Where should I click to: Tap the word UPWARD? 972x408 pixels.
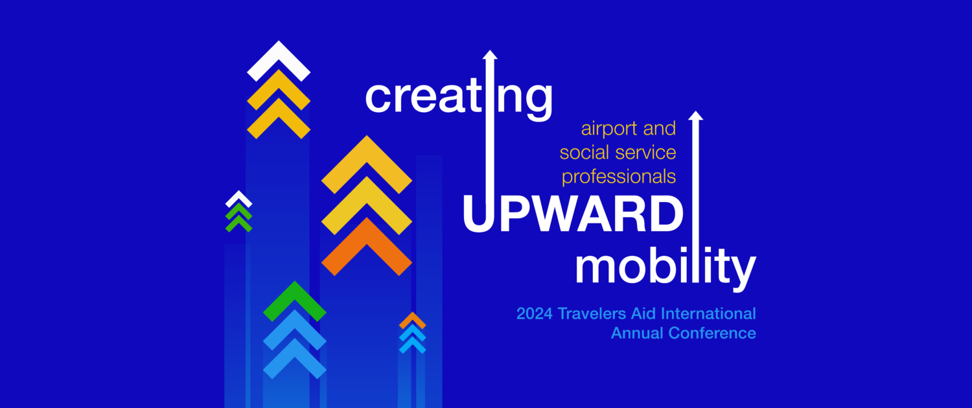[573, 214]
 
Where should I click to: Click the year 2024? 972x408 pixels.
[534, 313]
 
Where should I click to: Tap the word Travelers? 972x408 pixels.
[592, 313]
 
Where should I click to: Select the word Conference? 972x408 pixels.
[712, 333]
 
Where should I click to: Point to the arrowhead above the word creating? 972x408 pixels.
[490, 55]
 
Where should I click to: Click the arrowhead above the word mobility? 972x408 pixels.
[695, 116]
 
